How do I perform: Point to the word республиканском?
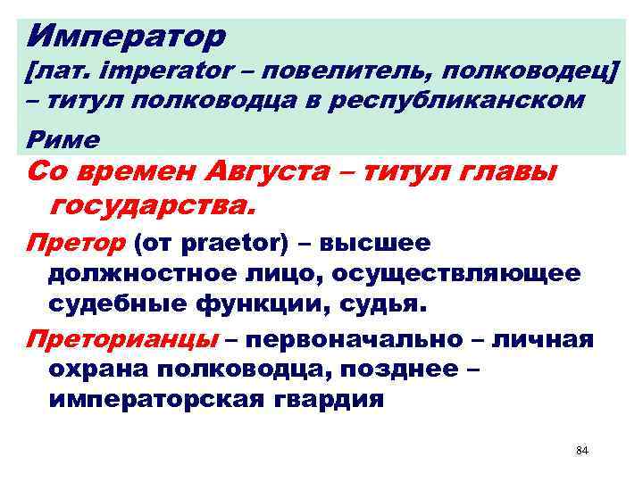click(457, 100)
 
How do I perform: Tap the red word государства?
click(153, 206)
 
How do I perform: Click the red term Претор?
click(77, 243)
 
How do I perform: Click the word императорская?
click(153, 399)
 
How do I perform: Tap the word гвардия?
click(325, 399)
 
